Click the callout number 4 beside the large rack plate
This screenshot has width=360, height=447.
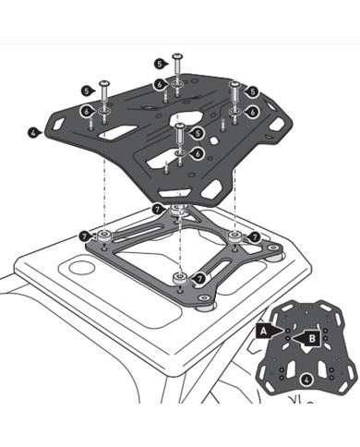(33, 132)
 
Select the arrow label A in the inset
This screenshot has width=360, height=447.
(264, 328)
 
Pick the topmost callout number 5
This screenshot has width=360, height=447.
(161, 63)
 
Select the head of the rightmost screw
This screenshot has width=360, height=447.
(235, 84)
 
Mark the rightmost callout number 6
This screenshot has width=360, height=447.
(252, 112)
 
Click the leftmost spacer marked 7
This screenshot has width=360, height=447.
(104, 236)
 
